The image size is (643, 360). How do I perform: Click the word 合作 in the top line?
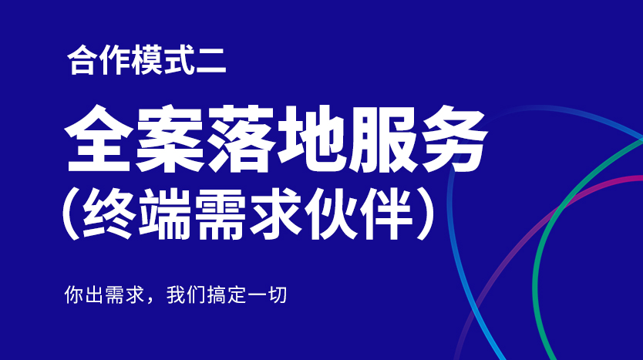click(x=87, y=62)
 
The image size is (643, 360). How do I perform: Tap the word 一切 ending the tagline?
click(x=267, y=295)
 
